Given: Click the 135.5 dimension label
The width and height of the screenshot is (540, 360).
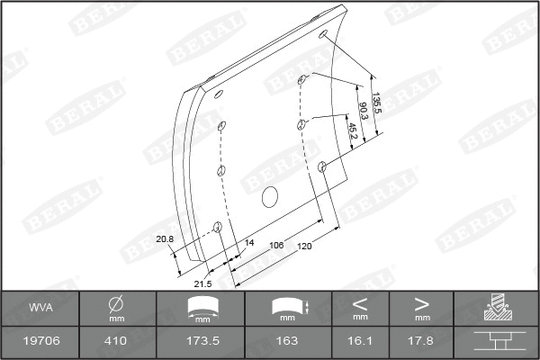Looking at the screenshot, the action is coord(377,103).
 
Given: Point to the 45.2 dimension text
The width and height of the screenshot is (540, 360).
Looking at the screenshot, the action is coord(353,131).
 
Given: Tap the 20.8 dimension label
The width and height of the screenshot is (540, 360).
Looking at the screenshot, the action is coord(165,239).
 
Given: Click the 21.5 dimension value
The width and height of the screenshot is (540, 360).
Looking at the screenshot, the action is coord(202,284).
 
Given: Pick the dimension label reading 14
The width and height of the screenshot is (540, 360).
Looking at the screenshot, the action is coord(249,242).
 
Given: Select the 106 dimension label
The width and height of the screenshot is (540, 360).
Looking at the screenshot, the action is coord(276,246).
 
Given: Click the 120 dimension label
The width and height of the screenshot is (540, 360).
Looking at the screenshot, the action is coord(304,246).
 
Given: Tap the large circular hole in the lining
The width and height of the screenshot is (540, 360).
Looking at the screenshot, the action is coord(270,197).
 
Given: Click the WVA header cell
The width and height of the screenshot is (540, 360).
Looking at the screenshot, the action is coord(40,308).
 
